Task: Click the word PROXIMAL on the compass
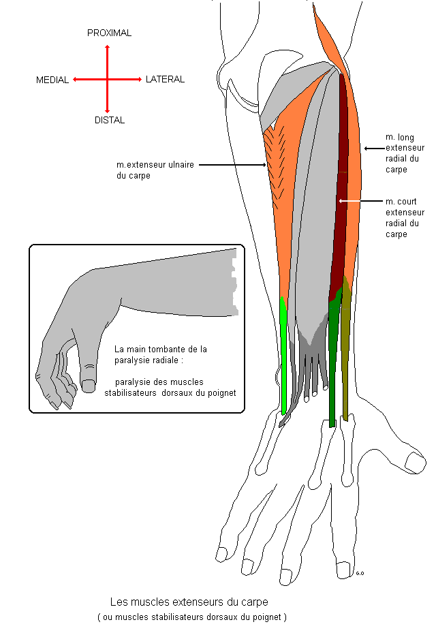(x=109, y=33)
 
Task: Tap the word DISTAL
(x=109, y=120)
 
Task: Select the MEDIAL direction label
(x=52, y=80)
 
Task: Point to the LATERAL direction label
(x=165, y=79)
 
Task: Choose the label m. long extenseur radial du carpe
(x=405, y=153)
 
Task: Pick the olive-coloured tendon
(x=346, y=361)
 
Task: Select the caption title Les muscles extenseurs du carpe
(x=189, y=602)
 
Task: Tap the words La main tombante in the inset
(x=145, y=349)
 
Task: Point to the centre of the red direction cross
(x=107, y=80)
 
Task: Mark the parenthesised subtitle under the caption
(x=192, y=617)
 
